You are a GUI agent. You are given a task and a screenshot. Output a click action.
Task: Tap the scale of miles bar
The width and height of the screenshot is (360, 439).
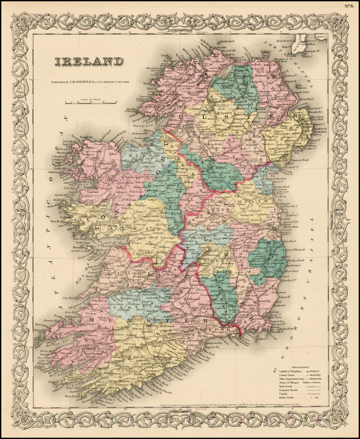point(91,103)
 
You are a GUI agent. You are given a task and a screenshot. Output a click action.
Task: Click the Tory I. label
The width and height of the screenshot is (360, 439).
point(163,55)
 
